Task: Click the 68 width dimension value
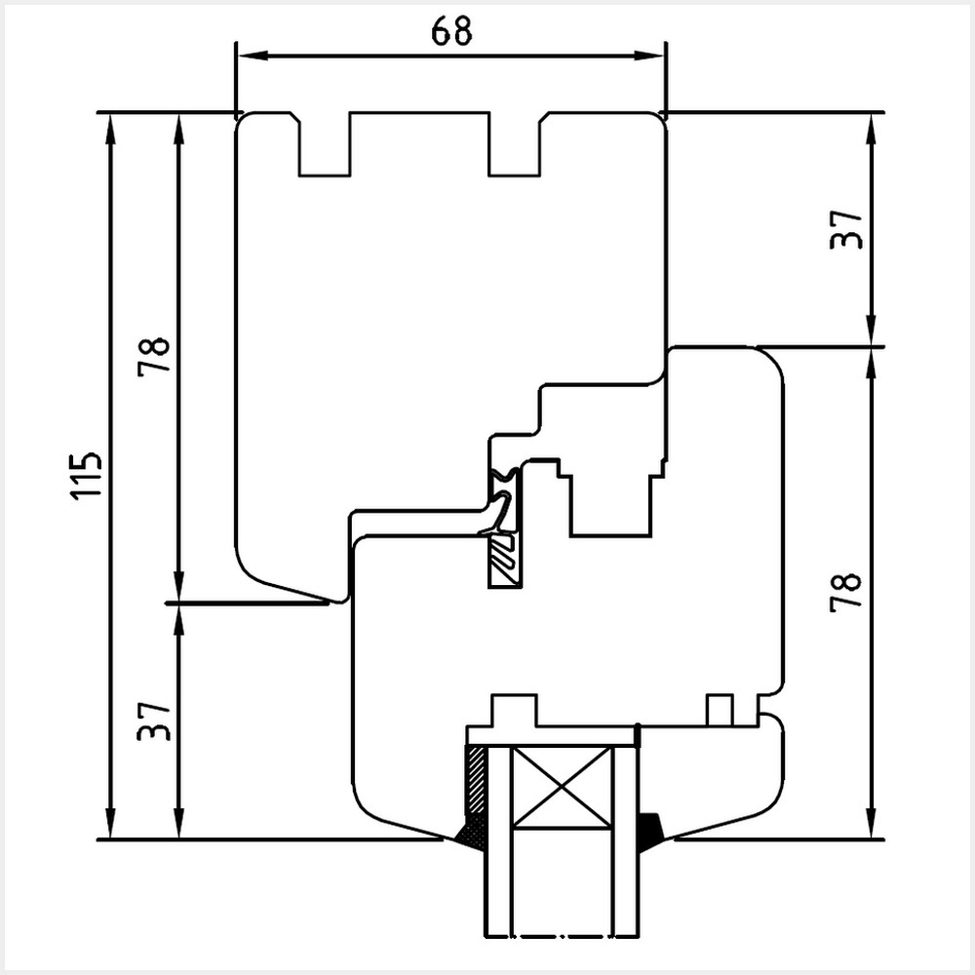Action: click(450, 31)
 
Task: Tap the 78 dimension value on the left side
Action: click(154, 356)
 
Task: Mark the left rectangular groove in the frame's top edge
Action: click(325, 146)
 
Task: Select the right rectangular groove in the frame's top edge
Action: click(513, 146)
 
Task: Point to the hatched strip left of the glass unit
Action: click(476, 780)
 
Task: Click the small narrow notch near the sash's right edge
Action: click(720, 710)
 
